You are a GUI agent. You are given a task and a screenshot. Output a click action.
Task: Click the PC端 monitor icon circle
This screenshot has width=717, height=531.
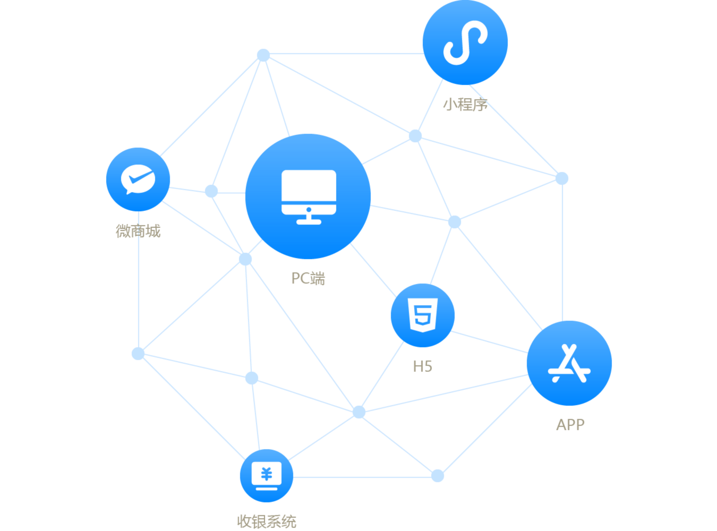coord(308,196)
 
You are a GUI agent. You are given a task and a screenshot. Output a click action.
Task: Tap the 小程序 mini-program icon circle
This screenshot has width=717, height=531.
coord(465,42)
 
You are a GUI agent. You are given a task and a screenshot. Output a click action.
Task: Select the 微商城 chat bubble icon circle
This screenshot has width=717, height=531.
coord(138,179)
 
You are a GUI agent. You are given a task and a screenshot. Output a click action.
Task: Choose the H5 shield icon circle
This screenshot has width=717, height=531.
coord(423,315)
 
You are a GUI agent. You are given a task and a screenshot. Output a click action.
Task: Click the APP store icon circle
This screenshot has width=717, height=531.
coord(569,363)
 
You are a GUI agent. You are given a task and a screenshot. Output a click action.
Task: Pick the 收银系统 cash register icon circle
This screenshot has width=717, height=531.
coord(267,475)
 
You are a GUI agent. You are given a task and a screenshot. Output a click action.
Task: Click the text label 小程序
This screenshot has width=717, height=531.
coord(465,105)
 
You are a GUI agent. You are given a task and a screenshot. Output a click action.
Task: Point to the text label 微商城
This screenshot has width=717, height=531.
coord(138,231)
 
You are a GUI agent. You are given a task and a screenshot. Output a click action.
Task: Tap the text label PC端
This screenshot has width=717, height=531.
coord(308,278)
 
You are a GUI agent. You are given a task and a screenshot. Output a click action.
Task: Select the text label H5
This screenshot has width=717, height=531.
coord(423,366)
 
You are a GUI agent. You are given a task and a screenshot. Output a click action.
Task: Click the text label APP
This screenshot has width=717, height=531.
coord(570,425)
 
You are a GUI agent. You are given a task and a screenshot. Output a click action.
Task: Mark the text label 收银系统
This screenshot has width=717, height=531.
coord(267,521)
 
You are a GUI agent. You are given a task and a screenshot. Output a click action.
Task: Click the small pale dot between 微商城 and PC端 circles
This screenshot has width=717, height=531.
coord(211,191)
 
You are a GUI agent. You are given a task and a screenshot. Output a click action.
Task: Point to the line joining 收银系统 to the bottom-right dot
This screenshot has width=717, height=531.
coord(362,477)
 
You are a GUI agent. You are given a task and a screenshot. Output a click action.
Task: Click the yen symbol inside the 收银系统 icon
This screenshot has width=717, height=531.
coord(267,474)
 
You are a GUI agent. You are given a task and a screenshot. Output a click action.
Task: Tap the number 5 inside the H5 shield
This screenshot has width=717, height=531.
coord(423,315)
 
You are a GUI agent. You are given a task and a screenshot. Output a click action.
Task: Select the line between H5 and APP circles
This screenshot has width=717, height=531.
coord(489,341)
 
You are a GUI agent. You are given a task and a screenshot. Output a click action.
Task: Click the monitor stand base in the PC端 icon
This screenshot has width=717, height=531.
coord(309,222)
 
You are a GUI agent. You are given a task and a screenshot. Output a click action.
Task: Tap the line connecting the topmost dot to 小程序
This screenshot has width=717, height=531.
coord(346,54)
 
